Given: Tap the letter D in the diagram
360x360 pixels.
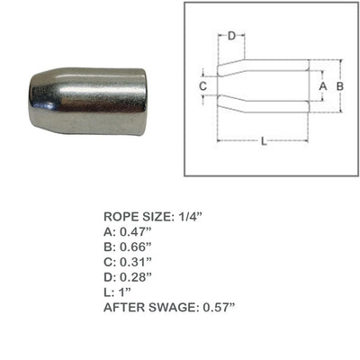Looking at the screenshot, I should pyautogui.click(x=231, y=37).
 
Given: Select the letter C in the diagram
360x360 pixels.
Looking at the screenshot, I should pyautogui.click(x=203, y=85).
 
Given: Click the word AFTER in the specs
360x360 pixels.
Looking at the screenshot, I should pyautogui.click(x=123, y=307).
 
